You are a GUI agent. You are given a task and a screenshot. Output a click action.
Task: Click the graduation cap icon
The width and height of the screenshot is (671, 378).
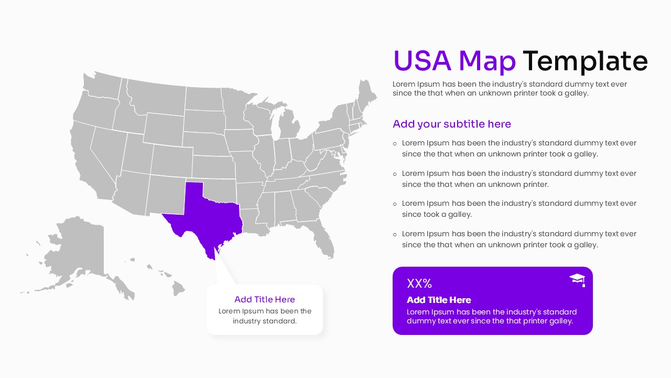point(577,280)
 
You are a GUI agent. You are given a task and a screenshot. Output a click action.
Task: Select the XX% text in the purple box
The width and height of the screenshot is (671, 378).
point(419,283)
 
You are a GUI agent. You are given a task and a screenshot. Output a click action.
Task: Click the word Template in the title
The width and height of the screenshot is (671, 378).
point(585,61)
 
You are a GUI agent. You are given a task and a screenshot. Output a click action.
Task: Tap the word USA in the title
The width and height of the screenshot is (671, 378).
point(422,61)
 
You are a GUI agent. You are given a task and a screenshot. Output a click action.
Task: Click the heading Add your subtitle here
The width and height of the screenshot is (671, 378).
point(451,124)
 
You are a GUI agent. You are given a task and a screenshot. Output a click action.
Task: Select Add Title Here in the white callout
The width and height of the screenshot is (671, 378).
point(265,299)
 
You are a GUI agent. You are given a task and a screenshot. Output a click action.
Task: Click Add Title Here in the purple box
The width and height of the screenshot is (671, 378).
point(439,300)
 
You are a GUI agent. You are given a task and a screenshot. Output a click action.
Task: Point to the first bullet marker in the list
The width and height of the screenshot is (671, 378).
point(395,143)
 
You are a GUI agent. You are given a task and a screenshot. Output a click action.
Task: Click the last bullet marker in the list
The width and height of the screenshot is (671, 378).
point(395,234)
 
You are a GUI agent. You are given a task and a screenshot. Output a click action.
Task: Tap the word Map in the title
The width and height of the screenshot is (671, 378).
point(487,61)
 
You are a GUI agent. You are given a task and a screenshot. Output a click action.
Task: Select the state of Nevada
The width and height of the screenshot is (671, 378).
point(107,150)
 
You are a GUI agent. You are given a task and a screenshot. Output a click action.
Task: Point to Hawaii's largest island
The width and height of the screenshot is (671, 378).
point(179,287)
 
